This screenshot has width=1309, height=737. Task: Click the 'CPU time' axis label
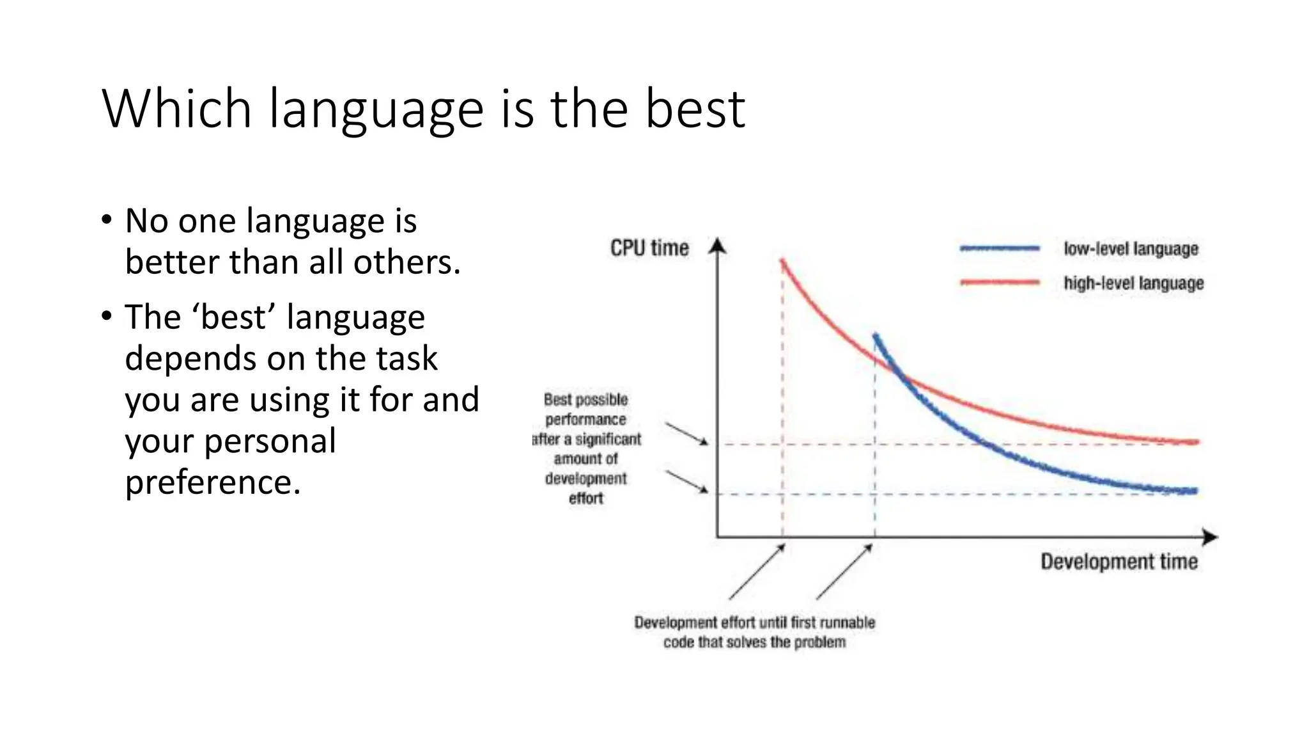649,248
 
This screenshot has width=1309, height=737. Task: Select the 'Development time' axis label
1119,562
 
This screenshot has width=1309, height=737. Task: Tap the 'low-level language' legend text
1130,249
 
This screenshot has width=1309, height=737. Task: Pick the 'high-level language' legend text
1133,283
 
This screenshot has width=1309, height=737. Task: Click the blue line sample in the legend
1000,249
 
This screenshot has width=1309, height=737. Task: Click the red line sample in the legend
1000,282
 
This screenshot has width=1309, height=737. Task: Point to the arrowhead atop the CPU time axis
718,245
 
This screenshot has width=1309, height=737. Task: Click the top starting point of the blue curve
875,335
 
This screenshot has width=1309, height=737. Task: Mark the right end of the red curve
1196,441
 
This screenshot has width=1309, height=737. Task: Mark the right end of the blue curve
1195,491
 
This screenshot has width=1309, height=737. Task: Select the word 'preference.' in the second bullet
212,482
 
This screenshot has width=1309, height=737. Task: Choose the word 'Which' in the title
176,109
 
